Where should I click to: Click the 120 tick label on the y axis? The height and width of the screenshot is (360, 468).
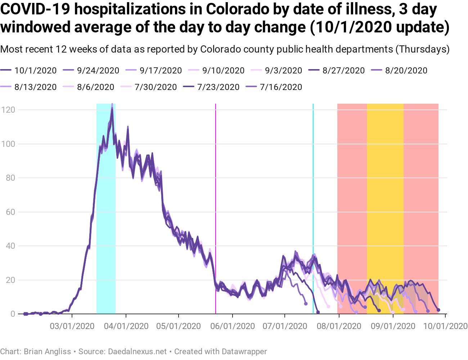(x=8, y=109)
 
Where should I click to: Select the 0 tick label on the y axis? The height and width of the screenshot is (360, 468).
(x=13, y=314)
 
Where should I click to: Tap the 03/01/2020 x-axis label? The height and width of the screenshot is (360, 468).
(x=72, y=326)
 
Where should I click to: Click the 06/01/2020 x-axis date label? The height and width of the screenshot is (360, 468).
(x=233, y=326)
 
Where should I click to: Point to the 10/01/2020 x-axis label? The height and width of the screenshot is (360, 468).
(x=445, y=326)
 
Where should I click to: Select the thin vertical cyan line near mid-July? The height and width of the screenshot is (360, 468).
(x=313, y=180)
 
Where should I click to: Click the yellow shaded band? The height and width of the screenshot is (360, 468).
(x=385, y=180)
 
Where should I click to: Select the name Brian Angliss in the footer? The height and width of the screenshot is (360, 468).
(x=48, y=351)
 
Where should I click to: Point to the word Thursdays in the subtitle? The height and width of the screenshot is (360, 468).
(x=422, y=49)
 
